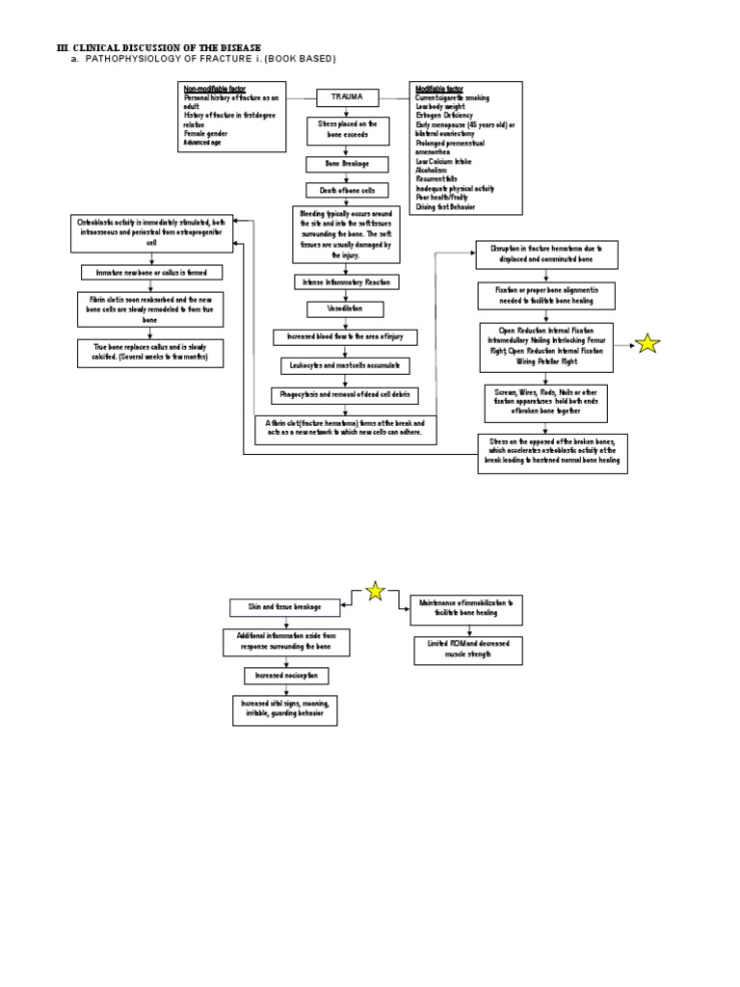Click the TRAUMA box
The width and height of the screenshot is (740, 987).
pyautogui.click(x=348, y=97)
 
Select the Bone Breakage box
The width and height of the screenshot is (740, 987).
pyautogui.click(x=347, y=164)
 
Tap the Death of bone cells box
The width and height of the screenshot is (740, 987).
pyautogui.click(x=347, y=190)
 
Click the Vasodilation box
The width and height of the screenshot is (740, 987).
pyautogui.click(x=345, y=309)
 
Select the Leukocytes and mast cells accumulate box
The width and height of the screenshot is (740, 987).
pyautogui.click(x=345, y=366)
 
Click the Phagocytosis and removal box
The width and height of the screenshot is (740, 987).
pyautogui.click(x=345, y=395)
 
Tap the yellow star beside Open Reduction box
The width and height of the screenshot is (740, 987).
pyautogui.click(x=648, y=343)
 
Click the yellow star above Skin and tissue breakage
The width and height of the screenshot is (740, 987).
pyautogui.click(x=374, y=591)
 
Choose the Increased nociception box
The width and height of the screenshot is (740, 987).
pyautogui.click(x=285, y=676)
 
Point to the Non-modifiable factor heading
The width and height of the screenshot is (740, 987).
pyautogui.click(x=214, y=89)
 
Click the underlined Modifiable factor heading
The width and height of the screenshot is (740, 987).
pyautogui.click(x=439, y=89)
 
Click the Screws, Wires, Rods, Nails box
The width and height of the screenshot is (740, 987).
pyautogui.click(x=545, y=403)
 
